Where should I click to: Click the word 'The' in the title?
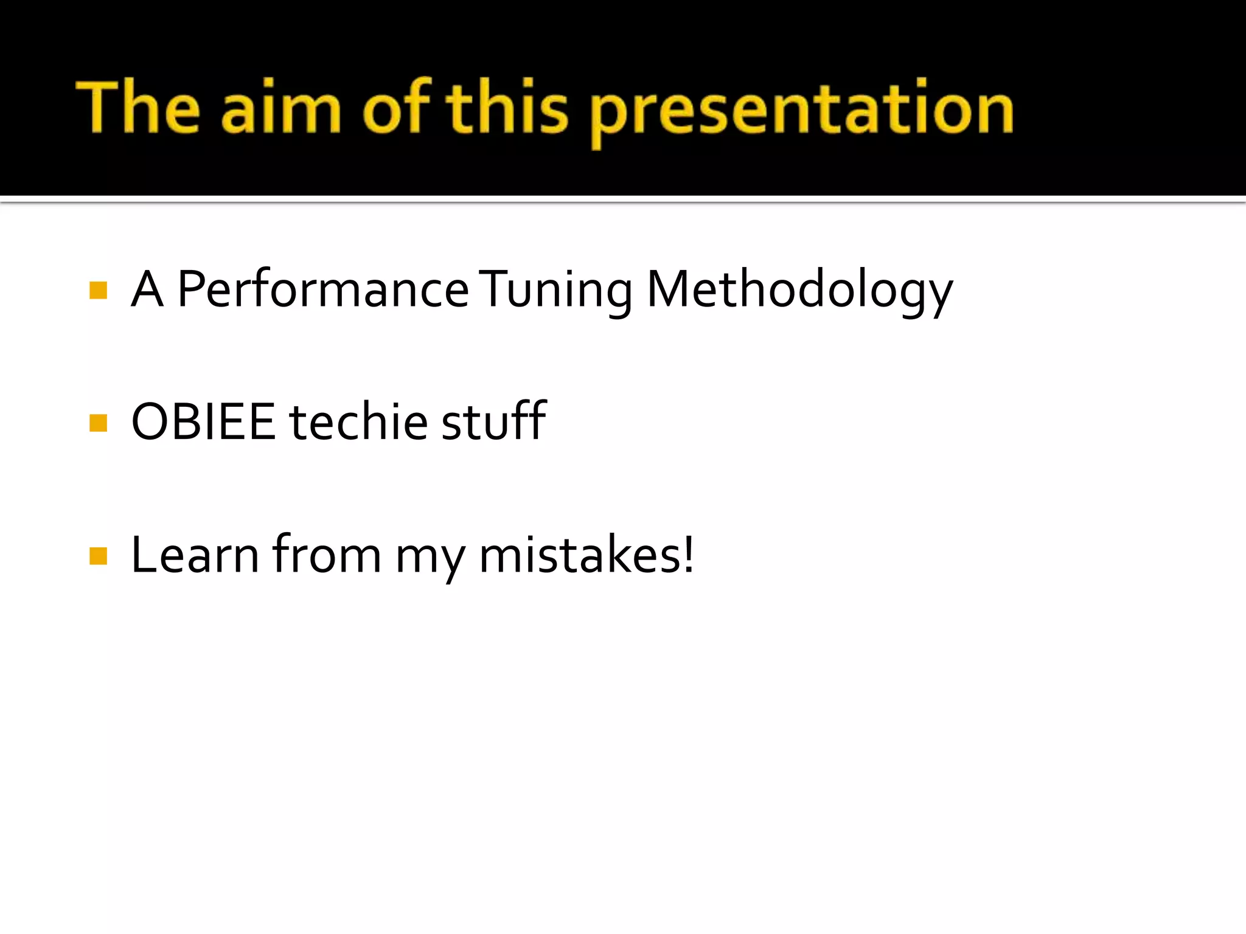138,108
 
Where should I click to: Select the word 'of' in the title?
397,108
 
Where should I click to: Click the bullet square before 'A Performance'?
98,291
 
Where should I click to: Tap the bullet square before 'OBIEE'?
98,423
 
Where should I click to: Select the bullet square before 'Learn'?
98,556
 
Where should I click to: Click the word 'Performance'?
322,289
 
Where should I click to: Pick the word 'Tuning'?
557,291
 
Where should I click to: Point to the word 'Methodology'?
799,291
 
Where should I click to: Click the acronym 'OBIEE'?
203,421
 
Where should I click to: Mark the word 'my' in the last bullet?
430,558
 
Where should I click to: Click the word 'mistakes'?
578,555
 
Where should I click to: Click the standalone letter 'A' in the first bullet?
147,289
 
